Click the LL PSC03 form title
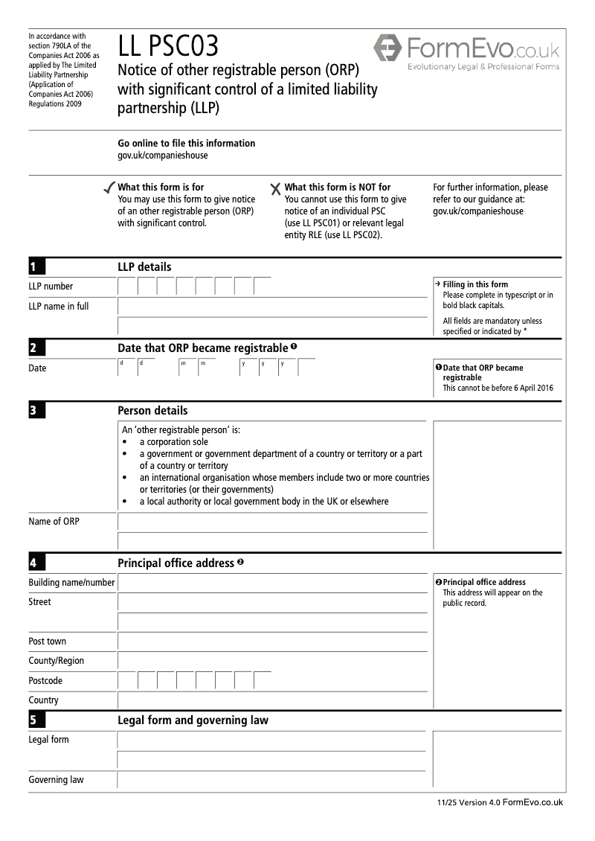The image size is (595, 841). click(168, 48)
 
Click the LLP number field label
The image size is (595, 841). click(51, 287)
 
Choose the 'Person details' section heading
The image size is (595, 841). click(152, 411)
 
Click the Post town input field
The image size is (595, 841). click(272, 642)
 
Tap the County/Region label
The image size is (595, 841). click(56, 661)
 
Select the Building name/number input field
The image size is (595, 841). click(272, 583)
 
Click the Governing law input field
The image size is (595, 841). click(272, 780)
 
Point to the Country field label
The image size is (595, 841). click(43, 700)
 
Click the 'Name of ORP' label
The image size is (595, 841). click(54, 522)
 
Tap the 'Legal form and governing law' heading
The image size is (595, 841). click(193, 720)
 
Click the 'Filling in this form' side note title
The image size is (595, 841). click(475, 284)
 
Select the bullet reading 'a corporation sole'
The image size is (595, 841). click(173, 442)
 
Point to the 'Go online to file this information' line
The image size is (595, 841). click(186, 144)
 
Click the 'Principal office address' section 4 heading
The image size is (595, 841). click(176, 563)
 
